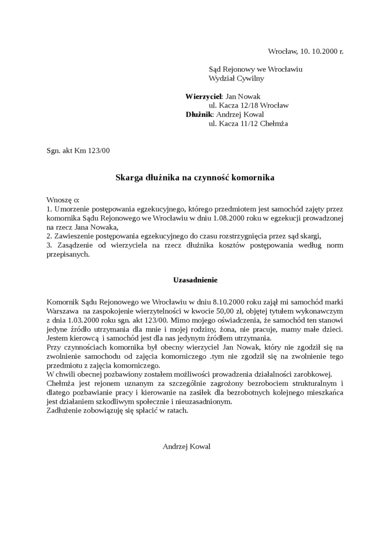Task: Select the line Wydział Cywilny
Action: tap(236, 78)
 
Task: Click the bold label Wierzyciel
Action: tap(203, 96)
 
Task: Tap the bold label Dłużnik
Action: tap(199, 114)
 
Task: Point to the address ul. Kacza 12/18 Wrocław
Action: tap(248, 106)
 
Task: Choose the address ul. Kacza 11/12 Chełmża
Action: tap(248, 124)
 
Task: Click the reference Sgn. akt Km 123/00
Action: tap(78, 151)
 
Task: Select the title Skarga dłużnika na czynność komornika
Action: tap(195, 178)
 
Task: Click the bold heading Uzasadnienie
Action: tap(195, 280)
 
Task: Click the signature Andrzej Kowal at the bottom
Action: tap(186, 446)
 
